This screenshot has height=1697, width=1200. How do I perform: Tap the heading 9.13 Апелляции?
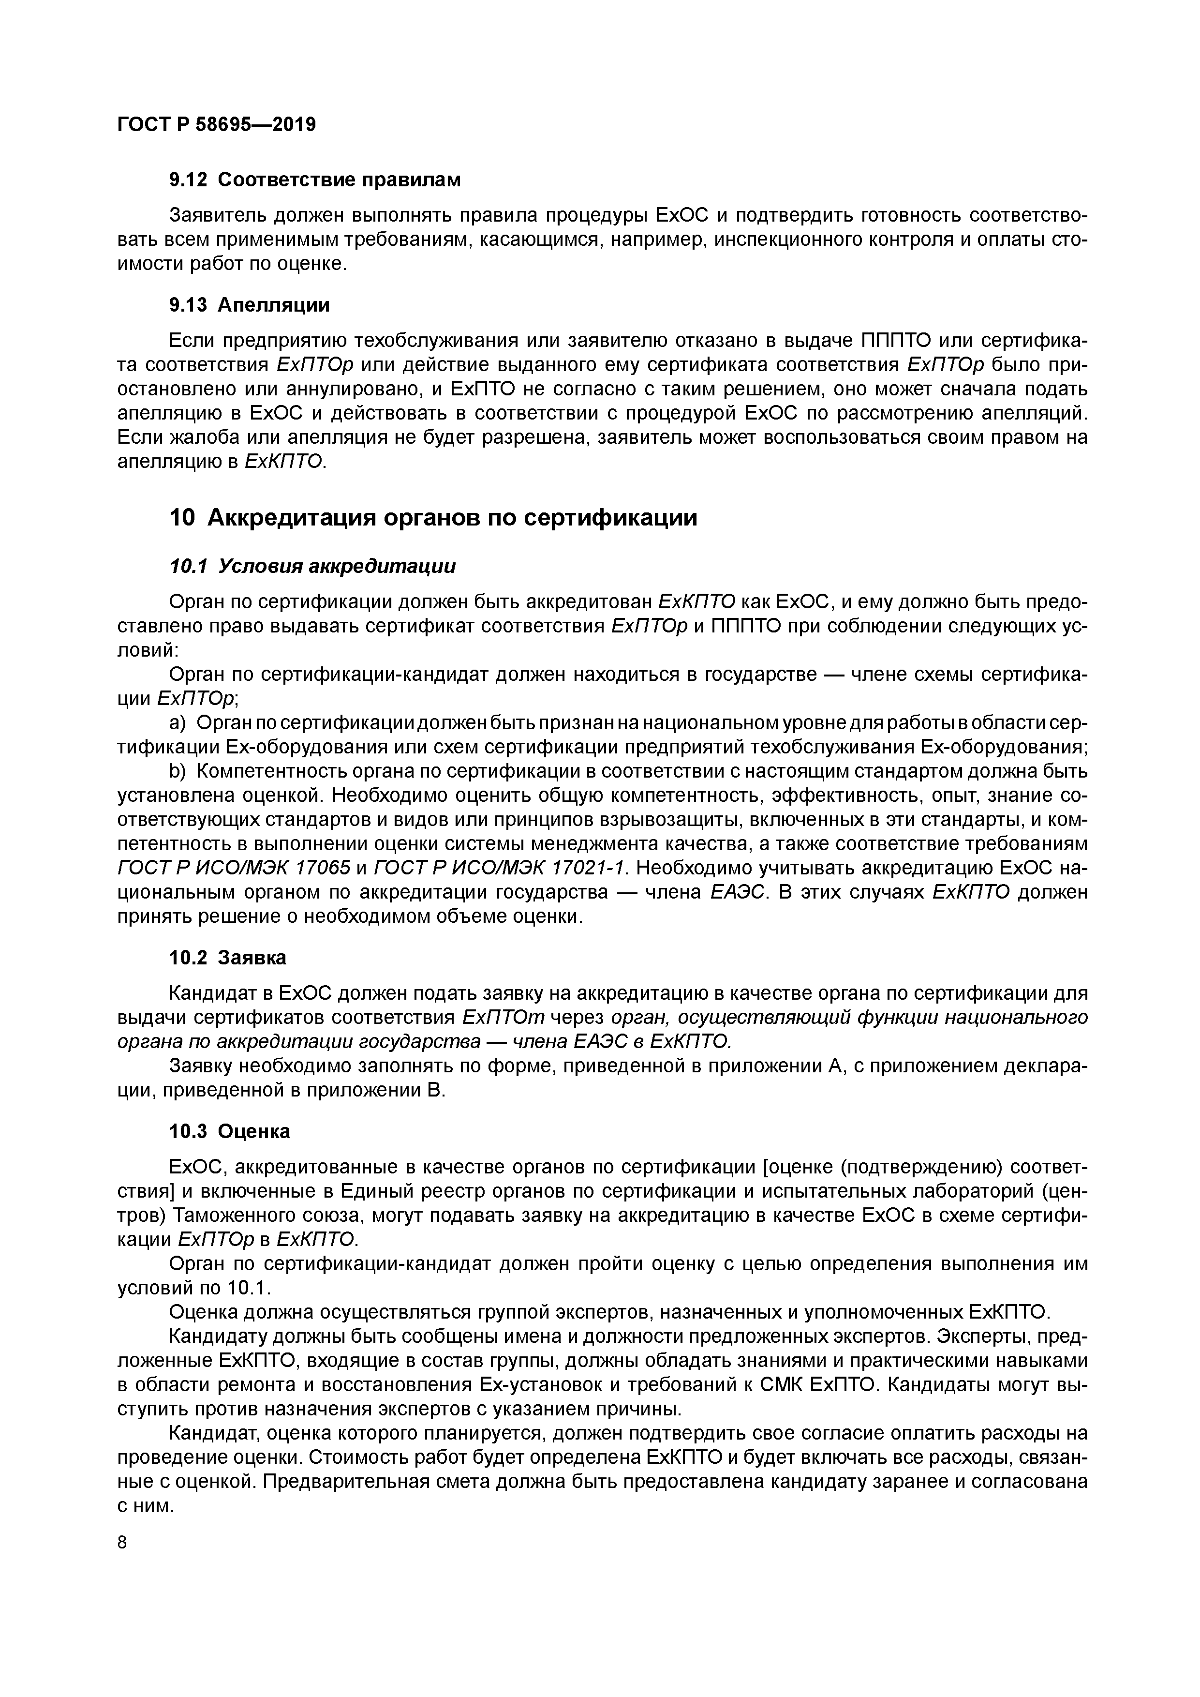click(x=249, y=304)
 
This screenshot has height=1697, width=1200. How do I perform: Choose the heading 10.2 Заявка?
click(x=228, y=958)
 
